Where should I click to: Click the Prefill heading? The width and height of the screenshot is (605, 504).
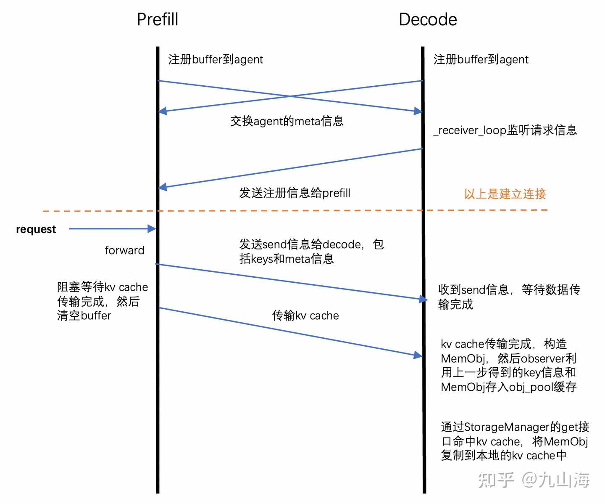coord(158,19)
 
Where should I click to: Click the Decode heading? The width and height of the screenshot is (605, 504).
coord(428,19)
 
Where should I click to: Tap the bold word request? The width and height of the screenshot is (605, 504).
coord(36,229)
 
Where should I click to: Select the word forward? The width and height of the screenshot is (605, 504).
coord(124,250)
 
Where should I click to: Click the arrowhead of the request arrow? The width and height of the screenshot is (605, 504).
coord(152,229)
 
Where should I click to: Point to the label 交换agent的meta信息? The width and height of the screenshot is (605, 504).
coord(287,121)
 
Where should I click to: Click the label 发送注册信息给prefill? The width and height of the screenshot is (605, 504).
coord(295,193)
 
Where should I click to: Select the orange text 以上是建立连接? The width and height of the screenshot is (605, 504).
coord(505,194)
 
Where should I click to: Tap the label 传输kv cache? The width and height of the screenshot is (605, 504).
coord(305,316)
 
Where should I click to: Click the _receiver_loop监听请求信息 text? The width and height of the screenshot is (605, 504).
coord(505,130)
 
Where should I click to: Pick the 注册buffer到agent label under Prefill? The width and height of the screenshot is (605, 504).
coord(216,59)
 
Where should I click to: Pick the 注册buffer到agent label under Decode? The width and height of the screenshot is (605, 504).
coord(481,59)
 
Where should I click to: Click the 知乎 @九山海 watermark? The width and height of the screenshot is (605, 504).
coord(534,480)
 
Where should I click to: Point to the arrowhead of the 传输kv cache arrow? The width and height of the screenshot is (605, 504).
coord(418,355)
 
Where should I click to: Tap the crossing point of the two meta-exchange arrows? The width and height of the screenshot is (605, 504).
coord(290,96)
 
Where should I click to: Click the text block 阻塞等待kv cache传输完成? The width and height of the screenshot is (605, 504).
coord(103,301)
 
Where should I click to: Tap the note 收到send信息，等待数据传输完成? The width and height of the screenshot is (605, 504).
coord(509,297)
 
